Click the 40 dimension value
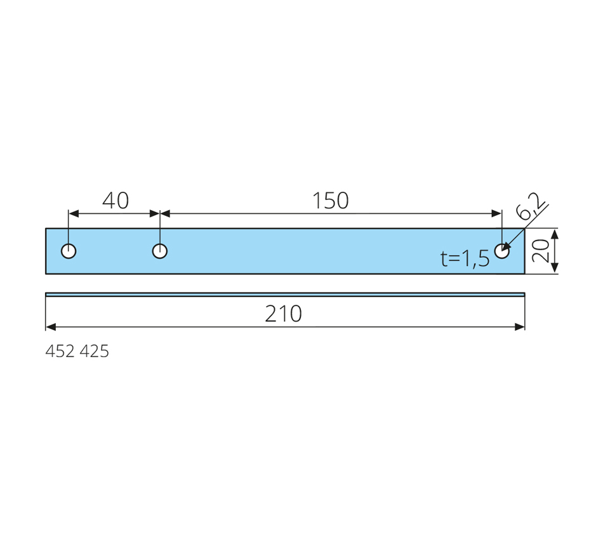click(116, 201)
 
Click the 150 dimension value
click(330, 201)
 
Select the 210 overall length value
click(284, 314)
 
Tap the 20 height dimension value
click(540, 251)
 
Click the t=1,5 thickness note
click(465, 258)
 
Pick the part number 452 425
click(77, 351)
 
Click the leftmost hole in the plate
click(69, 251)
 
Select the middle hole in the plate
click(159, 251)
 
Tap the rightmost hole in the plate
click(502, 251)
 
